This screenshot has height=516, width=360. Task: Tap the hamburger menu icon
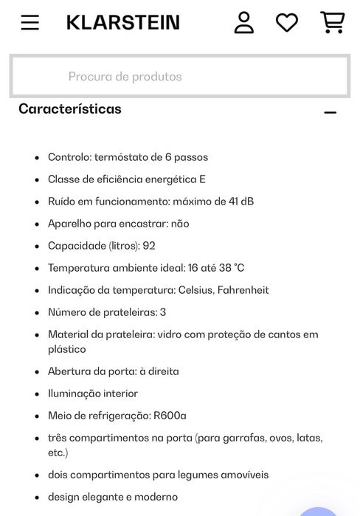point(30,22)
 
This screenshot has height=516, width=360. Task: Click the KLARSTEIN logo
point(123,22)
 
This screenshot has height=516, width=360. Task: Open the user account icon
point(243,22)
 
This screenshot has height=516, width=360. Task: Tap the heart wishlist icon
point(287,22)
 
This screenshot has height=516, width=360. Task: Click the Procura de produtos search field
point(179,76)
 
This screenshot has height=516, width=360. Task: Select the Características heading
point(70,109)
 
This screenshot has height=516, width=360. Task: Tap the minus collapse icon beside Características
point(330,112)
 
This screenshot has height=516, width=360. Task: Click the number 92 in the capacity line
point(149,246)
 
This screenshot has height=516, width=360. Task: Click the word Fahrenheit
point(243,290)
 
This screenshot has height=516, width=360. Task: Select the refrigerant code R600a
point(170,416)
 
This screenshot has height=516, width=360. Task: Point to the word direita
point(162,371)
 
